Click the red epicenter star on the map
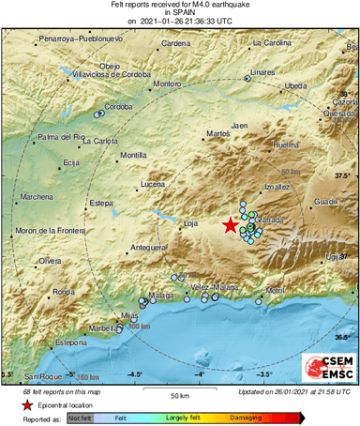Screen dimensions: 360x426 (230, 224)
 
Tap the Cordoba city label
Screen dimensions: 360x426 (118, 106)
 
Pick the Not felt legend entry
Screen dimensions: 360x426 (80, 417)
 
